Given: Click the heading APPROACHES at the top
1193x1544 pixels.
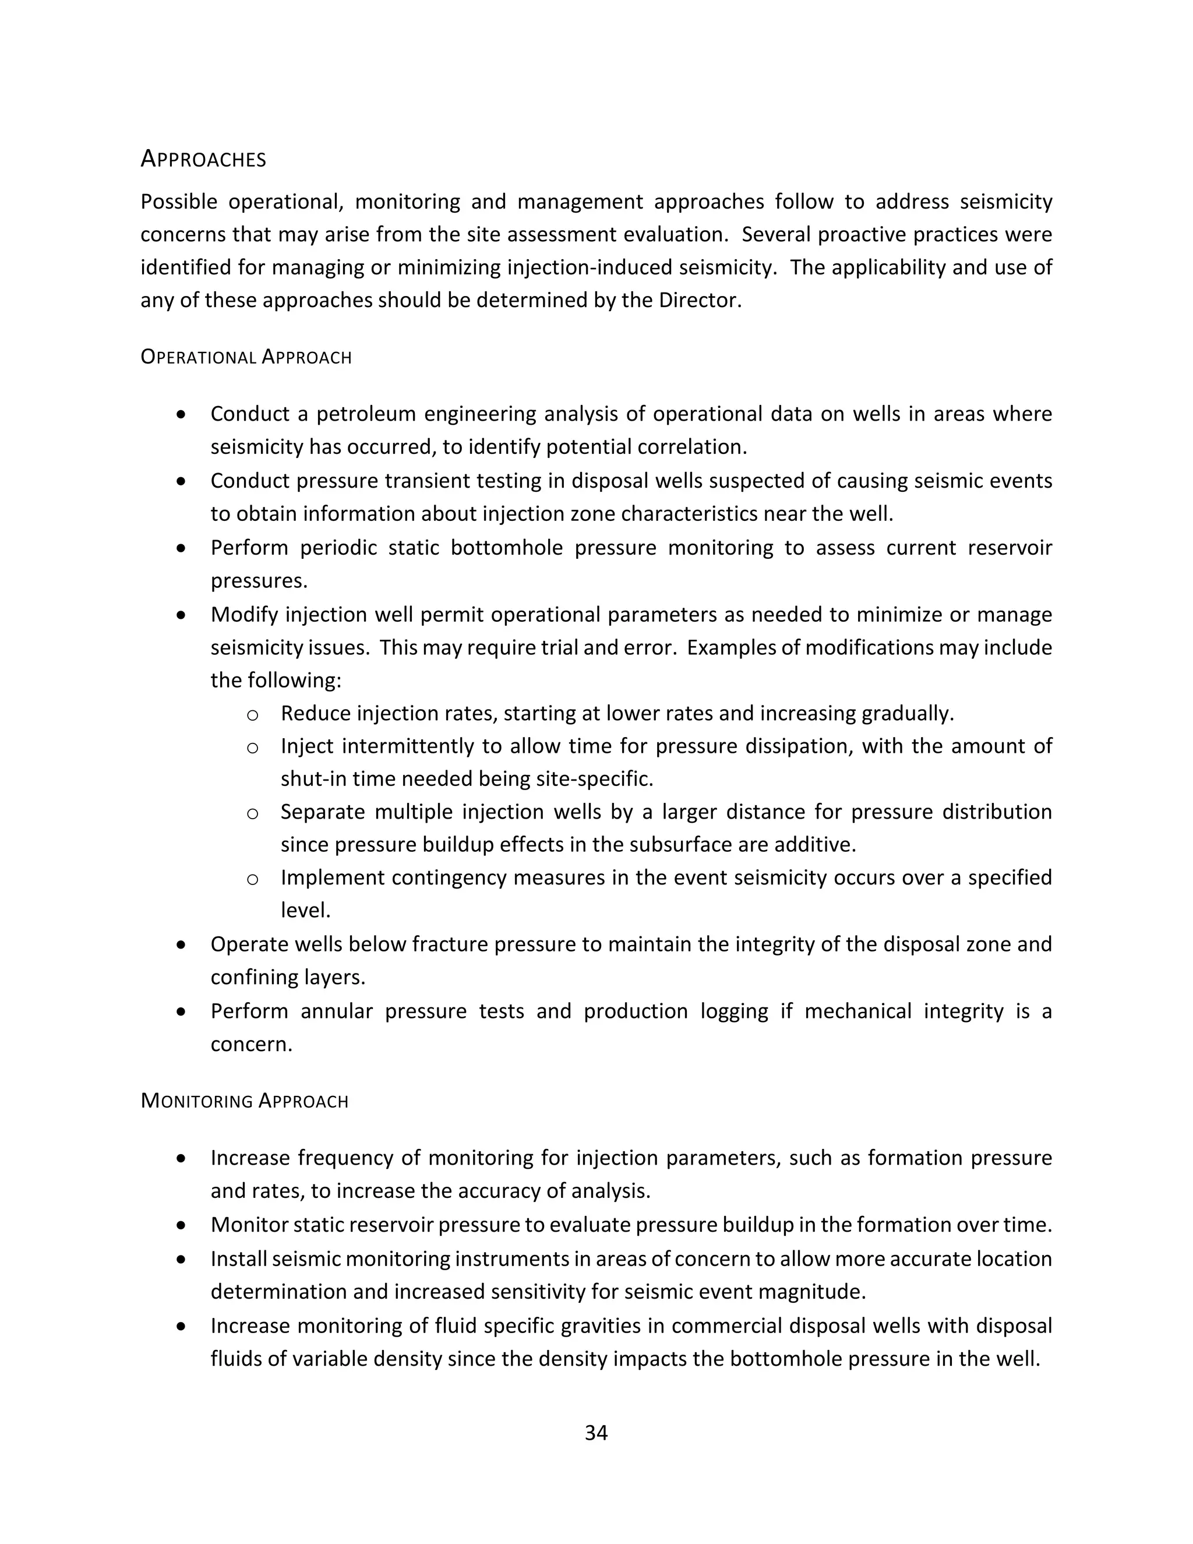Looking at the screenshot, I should tap(203, 159).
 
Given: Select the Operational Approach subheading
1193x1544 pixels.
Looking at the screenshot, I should tap(245, 357).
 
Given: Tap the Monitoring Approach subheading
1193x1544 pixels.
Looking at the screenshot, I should tap(244, 1101).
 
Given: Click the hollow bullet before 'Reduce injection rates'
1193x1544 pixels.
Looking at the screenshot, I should tap(252, 715).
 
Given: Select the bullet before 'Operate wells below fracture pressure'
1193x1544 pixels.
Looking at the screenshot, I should tap(182, 944).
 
